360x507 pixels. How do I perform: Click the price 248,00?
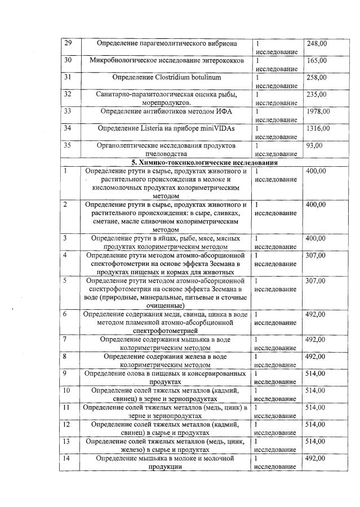coord(317,43)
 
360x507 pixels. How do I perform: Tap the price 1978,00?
coord(318,111)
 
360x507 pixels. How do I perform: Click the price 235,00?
coord(317,94)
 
